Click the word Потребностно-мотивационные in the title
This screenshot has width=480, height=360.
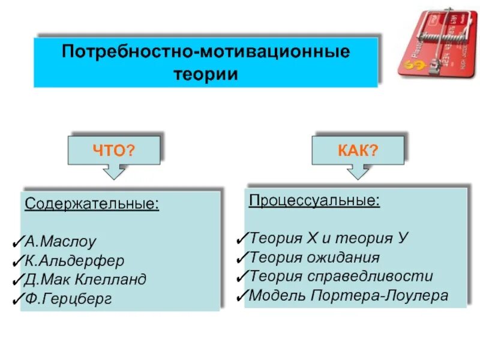(x=206, y=51)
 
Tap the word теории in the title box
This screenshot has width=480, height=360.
(x=206, y=74)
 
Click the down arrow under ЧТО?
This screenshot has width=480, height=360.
(x=114, y=172)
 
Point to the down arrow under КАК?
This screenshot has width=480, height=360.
(x=358, y=172)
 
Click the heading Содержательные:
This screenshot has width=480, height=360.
(x=92, y=204)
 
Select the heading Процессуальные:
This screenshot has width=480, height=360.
(x=314, y=200)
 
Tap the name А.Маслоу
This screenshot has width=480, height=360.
(x=60, y=242)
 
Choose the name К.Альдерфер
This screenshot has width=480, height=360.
(x=74, y=261)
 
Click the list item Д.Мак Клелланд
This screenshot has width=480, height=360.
(x=85, y=280)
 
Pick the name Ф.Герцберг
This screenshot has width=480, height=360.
(x=68, y=299)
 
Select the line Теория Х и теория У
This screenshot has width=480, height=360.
(x=329, y=238)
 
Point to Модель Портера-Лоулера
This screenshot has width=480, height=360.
(x=348, y=295)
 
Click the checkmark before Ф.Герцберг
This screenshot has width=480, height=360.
(x=17, y=298)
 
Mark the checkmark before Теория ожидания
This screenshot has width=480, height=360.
(x=242, y=257)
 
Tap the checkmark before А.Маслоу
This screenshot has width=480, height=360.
(x=17, y=242)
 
